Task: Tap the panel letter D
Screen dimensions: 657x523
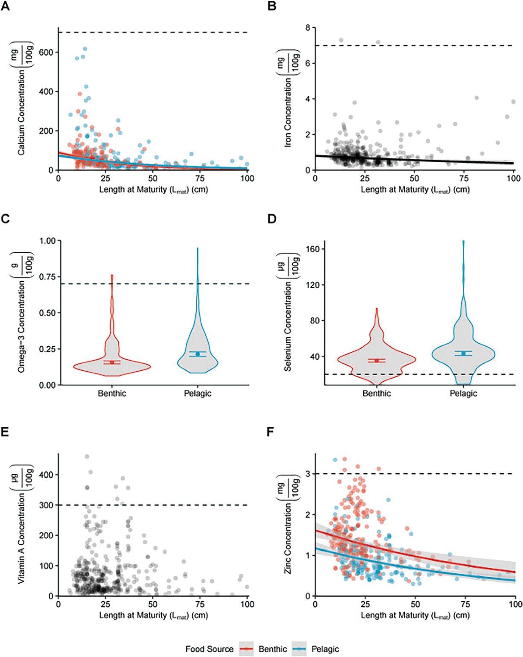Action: [272, 219]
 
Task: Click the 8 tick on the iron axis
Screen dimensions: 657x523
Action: [307, 28]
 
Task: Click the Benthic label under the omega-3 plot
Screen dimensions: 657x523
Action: [112, 393]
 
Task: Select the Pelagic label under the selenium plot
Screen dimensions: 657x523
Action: [463, 393]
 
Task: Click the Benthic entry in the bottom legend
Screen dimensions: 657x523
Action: [272, 649]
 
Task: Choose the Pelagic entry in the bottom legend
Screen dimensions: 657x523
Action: [325, 649]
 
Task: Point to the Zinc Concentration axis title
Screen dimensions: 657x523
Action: [289, 537]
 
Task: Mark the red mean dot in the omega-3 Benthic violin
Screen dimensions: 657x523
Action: [112, 362]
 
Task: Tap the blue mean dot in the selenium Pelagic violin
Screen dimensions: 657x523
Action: [463, 353]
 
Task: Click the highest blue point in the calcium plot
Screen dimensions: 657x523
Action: [85, 49]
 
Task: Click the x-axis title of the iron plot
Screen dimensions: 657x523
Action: [415, 189]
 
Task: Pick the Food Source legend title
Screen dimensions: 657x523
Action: [209, 649]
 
